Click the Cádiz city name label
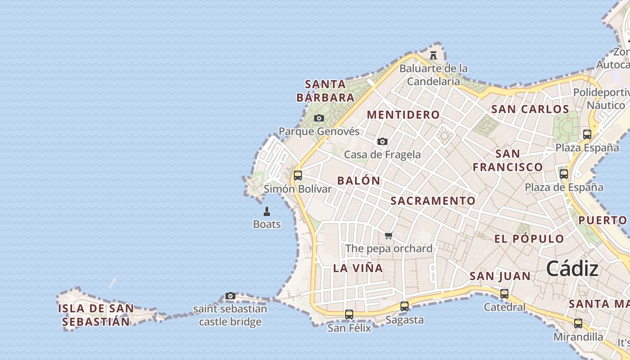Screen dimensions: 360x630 (572, 269)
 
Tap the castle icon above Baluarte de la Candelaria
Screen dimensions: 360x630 (433, 55)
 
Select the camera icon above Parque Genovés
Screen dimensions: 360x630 (319, 118)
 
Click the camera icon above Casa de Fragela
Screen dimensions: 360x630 (382, 141)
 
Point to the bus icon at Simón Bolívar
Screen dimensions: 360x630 (297, 175)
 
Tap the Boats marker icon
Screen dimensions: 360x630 (266, 211)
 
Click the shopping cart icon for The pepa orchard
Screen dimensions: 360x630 (389, 235)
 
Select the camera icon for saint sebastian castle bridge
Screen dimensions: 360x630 (230, 296)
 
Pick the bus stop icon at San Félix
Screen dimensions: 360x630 (349, 315)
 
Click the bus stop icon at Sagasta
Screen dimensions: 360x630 (405, 306)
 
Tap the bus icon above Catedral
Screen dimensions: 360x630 (504, 294)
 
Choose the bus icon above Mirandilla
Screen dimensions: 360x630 (578, 323)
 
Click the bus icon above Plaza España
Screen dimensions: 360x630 (587, 134)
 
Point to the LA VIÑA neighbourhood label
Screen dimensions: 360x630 (358, 268)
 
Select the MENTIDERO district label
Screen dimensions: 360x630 (403, 115)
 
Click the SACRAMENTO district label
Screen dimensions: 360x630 (433, 201)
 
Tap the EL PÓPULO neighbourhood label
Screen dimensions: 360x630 (529, 238)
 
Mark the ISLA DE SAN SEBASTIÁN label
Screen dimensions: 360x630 (96, 315)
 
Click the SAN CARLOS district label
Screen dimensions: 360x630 (530, 109)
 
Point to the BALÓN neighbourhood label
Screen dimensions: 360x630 (359, 181)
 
